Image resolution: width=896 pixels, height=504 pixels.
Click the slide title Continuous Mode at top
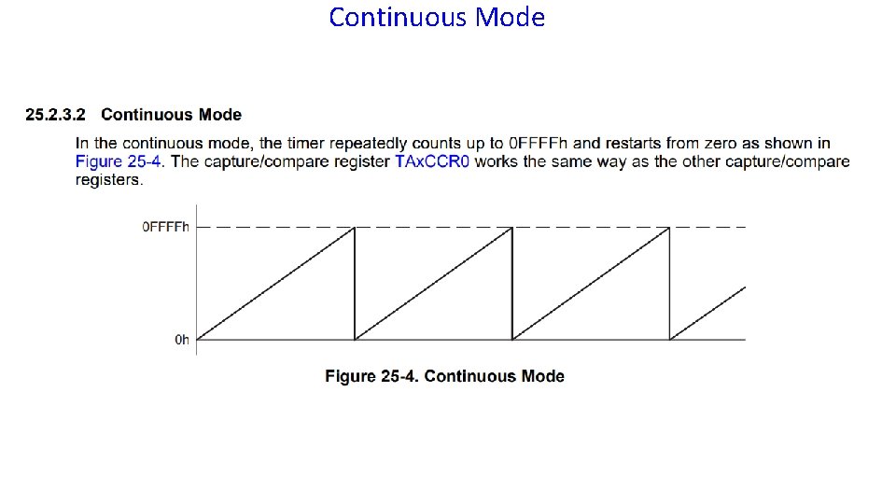(437, 18)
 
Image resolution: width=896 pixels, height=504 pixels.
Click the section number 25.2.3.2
(55, 115)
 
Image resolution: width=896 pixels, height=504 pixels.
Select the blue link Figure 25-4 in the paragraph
(119, 161)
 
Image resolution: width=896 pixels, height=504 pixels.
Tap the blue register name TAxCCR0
(433, 161)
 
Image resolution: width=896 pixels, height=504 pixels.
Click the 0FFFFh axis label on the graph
(165, 227)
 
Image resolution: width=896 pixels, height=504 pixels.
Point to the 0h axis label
(182, 340)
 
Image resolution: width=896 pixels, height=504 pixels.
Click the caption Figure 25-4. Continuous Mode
(444, 376)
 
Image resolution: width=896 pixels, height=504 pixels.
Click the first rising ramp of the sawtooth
(276, 283)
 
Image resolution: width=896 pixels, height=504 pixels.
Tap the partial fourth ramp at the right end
(709, 312)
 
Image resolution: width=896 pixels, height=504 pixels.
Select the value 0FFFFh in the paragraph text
(539, 143)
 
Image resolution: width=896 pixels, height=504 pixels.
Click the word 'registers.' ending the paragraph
(109, 179)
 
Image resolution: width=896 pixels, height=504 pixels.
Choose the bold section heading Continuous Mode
(171, 115)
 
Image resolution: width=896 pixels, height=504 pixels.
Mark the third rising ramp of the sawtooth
(592, 283)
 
